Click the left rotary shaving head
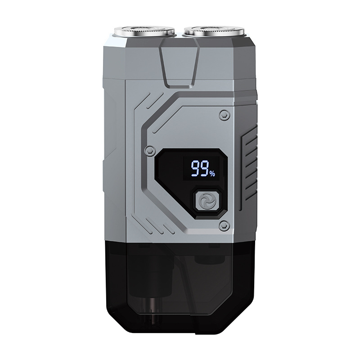145,31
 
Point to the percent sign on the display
212,174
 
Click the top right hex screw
223,114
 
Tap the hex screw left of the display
149,150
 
